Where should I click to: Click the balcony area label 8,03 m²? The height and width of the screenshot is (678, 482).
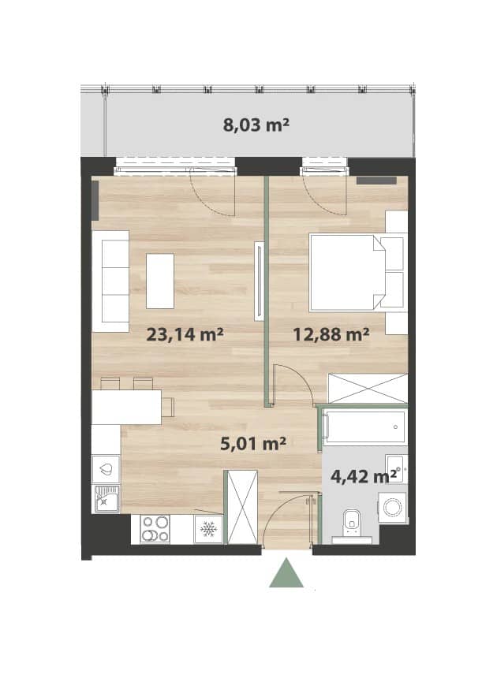[256, 125]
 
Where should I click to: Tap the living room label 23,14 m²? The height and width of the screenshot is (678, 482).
[185, 333]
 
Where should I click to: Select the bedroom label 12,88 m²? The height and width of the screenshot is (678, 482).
[331, 333]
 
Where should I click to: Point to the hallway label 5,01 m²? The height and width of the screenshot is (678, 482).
[253, 443]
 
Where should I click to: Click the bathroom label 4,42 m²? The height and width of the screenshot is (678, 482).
[364, 476]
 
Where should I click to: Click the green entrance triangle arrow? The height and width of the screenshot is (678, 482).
[286, 573]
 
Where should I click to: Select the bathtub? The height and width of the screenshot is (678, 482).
[366, 427]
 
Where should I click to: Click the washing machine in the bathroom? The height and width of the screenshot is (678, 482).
[393, 507]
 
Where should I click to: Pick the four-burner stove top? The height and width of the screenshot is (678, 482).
[155, 529]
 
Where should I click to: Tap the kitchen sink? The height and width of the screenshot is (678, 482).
[106, 498]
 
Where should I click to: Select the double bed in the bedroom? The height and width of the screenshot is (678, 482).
[358, 273]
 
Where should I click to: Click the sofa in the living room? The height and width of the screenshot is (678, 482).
[110, 281]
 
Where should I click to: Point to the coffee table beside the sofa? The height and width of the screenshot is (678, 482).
[160, 281]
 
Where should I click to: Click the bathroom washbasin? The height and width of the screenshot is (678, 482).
[396, 468]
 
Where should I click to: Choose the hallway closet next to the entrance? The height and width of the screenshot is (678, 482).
[242, 507]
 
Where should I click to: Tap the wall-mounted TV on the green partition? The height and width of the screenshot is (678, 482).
[259, 281]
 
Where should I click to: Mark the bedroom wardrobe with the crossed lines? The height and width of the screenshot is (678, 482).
[368, 389]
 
